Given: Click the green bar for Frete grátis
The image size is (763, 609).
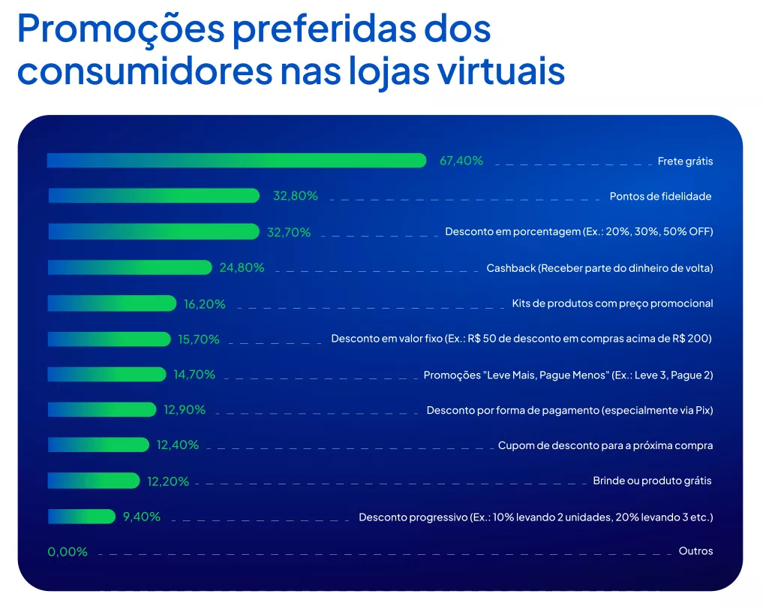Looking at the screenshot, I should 236,161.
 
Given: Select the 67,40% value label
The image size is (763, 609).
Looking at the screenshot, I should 461,161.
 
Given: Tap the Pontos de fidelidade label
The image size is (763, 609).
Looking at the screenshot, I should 660,197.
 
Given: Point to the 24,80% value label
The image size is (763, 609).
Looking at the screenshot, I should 242,267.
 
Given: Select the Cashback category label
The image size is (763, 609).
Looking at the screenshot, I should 599,268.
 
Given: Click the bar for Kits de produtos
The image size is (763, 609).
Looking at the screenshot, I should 112,303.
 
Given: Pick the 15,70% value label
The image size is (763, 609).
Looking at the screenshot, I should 199,339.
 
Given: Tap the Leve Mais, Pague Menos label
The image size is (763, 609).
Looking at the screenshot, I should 568,375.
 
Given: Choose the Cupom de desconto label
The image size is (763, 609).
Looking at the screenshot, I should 605,445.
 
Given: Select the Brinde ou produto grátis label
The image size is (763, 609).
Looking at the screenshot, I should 652,481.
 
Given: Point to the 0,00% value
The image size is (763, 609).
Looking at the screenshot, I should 68,552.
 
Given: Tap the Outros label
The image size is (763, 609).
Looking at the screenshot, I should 695,551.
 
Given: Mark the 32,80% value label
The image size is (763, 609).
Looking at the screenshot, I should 296,196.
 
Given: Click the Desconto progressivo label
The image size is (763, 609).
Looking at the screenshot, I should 536,517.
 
